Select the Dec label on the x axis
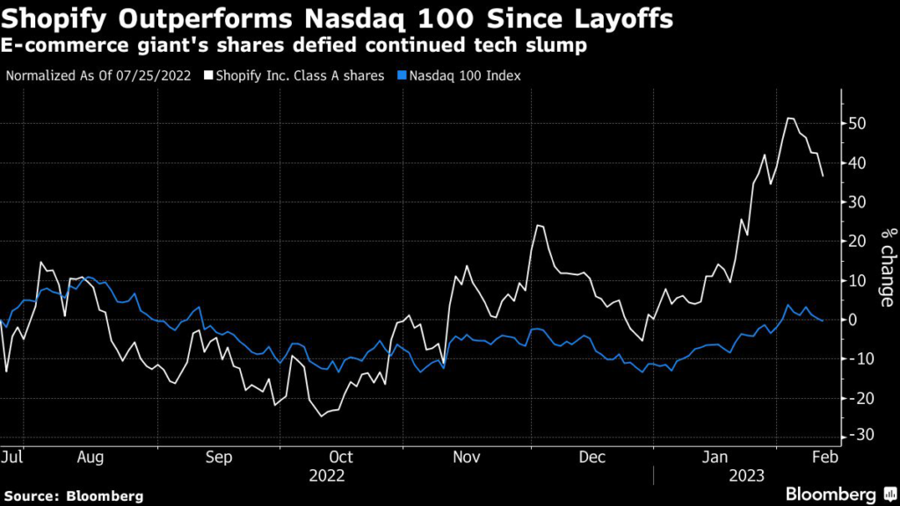tap(592, 458)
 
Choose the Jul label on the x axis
tap(12, 458)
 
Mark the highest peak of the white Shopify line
tap(790, 118)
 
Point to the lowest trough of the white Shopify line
tap(322, 416)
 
